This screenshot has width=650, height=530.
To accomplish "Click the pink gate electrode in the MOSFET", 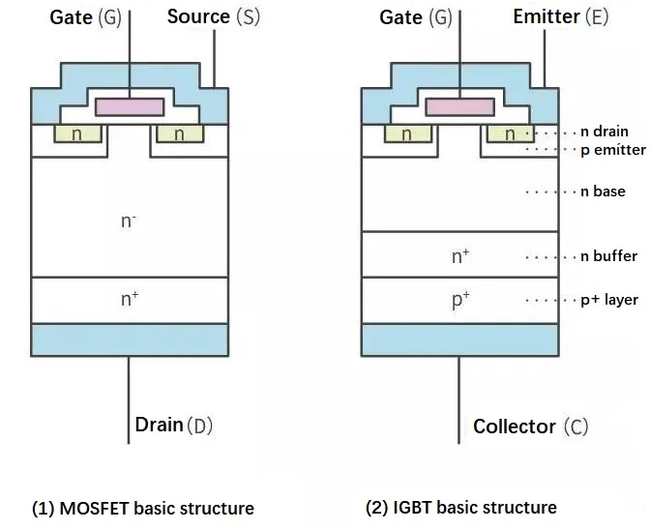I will (x=130, y=106).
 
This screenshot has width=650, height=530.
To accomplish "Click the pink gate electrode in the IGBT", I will (x=459, y=106).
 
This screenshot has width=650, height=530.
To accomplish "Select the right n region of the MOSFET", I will (x=179, y=134).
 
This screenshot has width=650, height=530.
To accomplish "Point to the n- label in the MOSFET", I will (x=129, y=221).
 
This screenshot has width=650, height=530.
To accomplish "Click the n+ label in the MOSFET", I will (x=129, y=299).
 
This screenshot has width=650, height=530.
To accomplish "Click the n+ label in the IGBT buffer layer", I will (x=460, y=256).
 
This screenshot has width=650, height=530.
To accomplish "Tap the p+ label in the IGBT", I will (x=460, y=300).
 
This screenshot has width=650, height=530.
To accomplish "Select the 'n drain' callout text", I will (x=605, y=132).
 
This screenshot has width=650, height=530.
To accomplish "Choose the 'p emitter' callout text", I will (x=612, y=150).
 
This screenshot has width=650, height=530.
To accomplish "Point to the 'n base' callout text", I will (x=603, y=191).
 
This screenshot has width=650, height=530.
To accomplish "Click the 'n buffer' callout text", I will (x=608, y=256).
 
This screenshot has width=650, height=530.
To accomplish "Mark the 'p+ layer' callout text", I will (x=609, y=300).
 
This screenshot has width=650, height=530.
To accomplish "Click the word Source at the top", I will (x=198, y=16).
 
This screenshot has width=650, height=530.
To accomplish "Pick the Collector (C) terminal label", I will (x=530, y=427).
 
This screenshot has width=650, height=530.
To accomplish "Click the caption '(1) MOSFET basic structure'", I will (x=143, y=508).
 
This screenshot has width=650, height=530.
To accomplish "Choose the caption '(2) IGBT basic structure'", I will (x=460, y=508).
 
